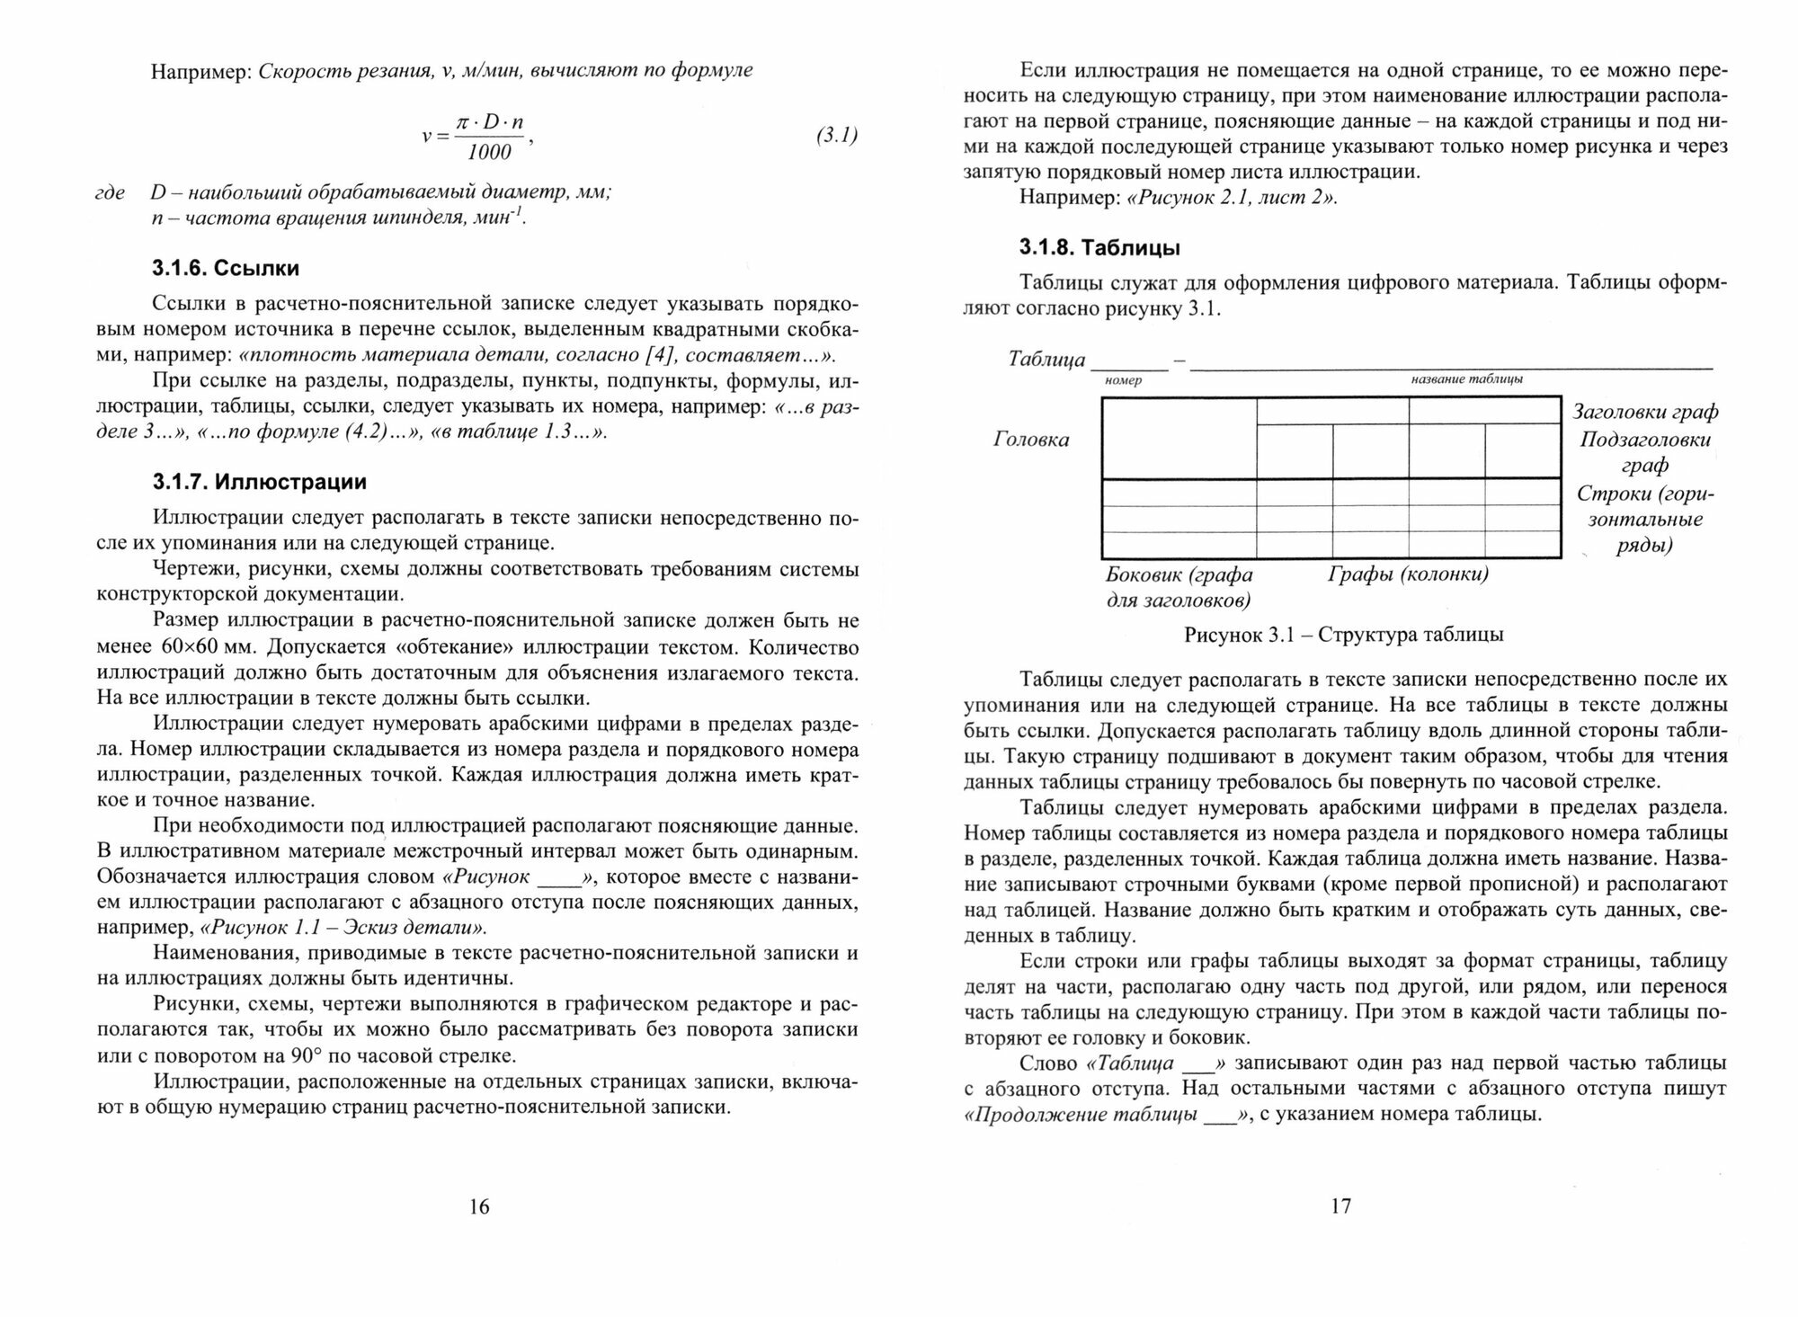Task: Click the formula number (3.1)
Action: click(837, 136)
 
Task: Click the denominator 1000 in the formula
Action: click(489, 152)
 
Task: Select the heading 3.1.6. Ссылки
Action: click(226, 268)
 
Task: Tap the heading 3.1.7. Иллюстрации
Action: click(260, 483)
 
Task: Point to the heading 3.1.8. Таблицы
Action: click(1099, 247)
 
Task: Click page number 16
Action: click(479, 1206)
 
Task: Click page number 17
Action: click(1340, 1206)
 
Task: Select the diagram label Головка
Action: click(1031, 440)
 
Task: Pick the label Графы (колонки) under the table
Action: click(1408, 574)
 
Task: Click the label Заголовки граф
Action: click(1645, 412)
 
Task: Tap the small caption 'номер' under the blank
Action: click(1123, 380)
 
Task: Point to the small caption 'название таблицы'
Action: click(1467, 379)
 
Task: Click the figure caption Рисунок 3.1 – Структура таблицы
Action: click(1344, 635)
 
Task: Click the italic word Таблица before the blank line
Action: click(1046, 360)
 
